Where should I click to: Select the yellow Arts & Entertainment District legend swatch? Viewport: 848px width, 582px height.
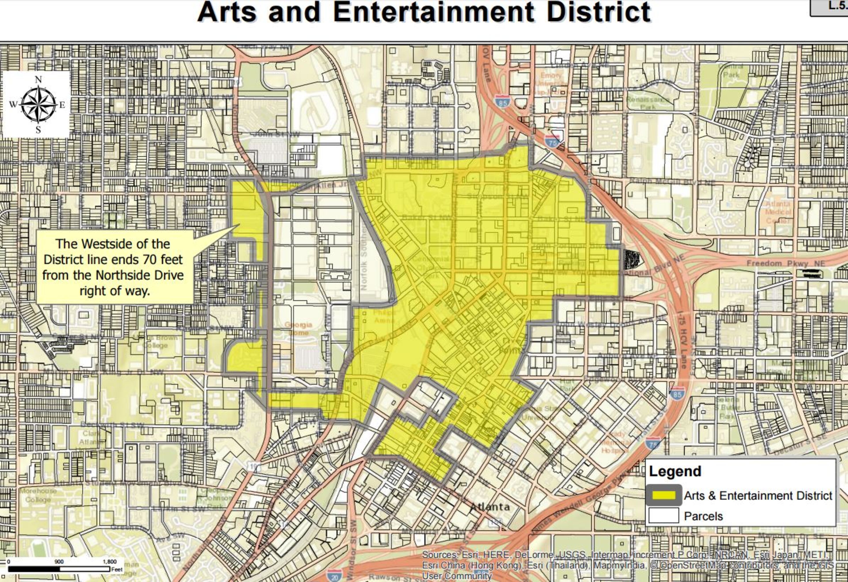click(x=664, y=495)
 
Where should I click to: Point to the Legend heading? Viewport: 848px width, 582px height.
click(x=675, y=471)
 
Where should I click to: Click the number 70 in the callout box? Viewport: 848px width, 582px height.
click(x=150, y=260)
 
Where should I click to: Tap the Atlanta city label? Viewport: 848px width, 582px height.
click(x=490, y=507)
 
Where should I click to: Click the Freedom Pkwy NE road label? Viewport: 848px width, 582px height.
click(x=785, y=263)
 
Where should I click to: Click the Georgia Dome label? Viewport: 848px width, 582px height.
click(x=298, y=329)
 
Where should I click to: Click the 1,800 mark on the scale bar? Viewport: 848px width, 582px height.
click(x=110, y=561)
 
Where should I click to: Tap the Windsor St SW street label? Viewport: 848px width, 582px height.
click(x=350, y=551)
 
